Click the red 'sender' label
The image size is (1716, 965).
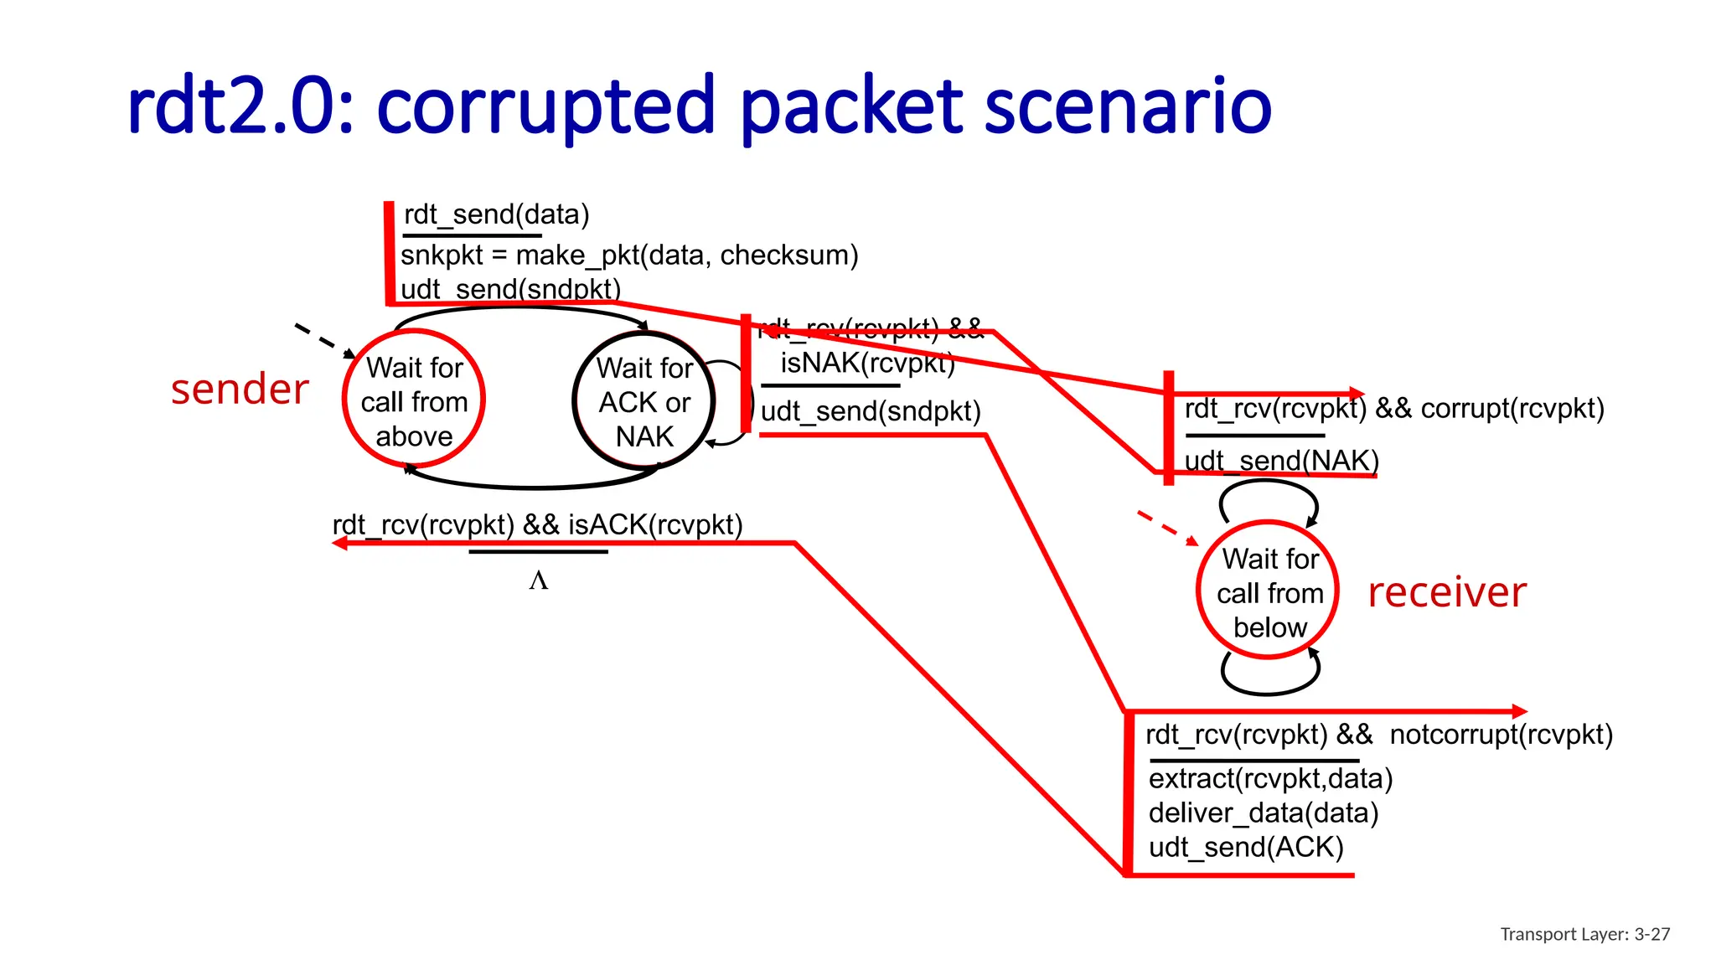(x=240, y=390)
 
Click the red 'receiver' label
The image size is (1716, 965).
(x=1446, y=592)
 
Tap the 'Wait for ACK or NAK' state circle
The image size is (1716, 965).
(x=644, y=401)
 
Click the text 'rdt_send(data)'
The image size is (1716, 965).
(x=496, y=214)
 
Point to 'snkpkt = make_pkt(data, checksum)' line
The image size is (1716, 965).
(x=629, y=255)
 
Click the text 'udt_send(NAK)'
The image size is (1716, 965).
(x=1281, y=461)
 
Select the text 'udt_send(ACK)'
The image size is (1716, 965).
(x=1246, y=847)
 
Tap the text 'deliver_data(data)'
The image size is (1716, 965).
(x=1264, y=813)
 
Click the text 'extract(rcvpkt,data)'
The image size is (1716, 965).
(x=1270, y=778)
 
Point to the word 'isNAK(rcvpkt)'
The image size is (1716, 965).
(x=867, y=363)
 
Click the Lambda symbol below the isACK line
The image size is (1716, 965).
(x=538, y=581)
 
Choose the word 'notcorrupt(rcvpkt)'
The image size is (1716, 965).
(x=1501, y=735)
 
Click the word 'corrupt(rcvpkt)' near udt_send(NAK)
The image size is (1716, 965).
(x=1512, y=409)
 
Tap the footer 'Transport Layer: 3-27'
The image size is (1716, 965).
(x=1584, y=934)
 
